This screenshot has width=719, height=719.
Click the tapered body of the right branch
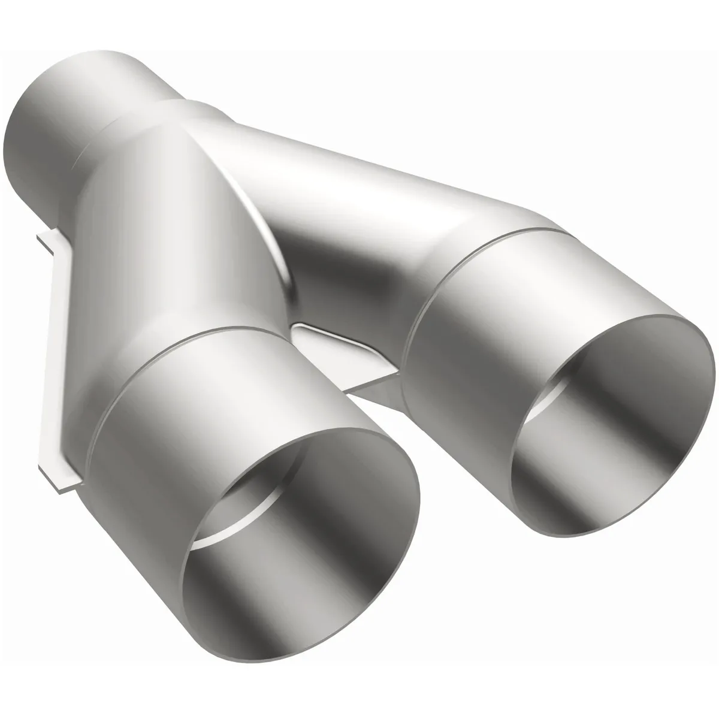pos(359,210)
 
